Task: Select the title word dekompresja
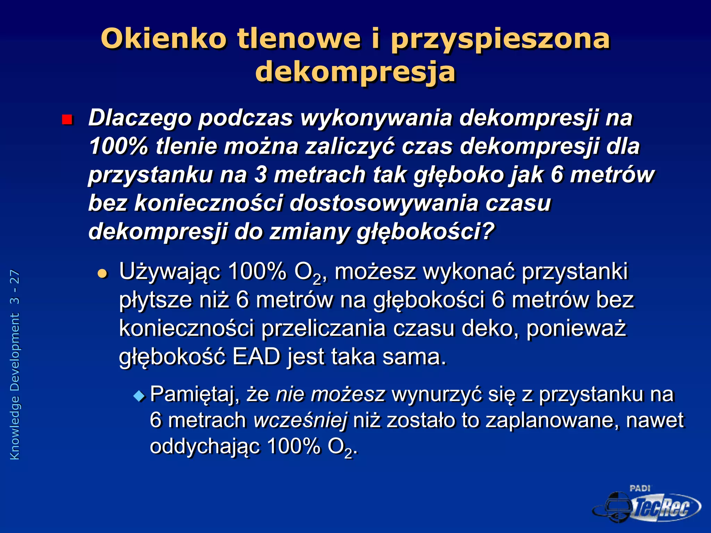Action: (355, 72)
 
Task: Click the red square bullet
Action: (67, 120)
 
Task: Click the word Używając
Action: (170, 272)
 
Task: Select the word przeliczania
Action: (323, 328)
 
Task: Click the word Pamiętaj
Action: (194, 395)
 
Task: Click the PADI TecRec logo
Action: (647, 505)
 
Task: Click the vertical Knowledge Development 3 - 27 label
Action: (15, 365)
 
